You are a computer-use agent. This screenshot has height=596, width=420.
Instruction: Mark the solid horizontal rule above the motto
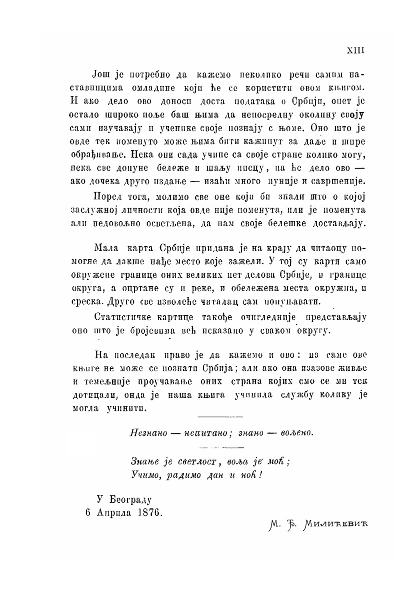(x=220, y=416)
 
